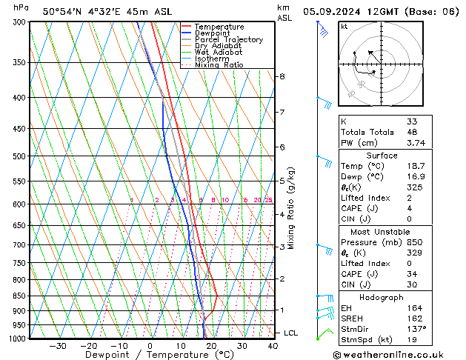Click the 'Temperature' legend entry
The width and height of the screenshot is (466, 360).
click(219, 27)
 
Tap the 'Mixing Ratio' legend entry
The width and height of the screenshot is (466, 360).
click(219, 65)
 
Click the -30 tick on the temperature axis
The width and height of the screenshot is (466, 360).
click(58, 346)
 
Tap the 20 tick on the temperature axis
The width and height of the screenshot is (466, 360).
click(212, 346)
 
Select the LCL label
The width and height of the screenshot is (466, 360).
click(291, 333)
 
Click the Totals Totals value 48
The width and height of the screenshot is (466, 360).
click(413, 132)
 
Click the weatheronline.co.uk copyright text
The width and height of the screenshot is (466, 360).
click(398, 353)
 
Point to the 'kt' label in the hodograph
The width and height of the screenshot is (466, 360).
click(344, 27)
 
